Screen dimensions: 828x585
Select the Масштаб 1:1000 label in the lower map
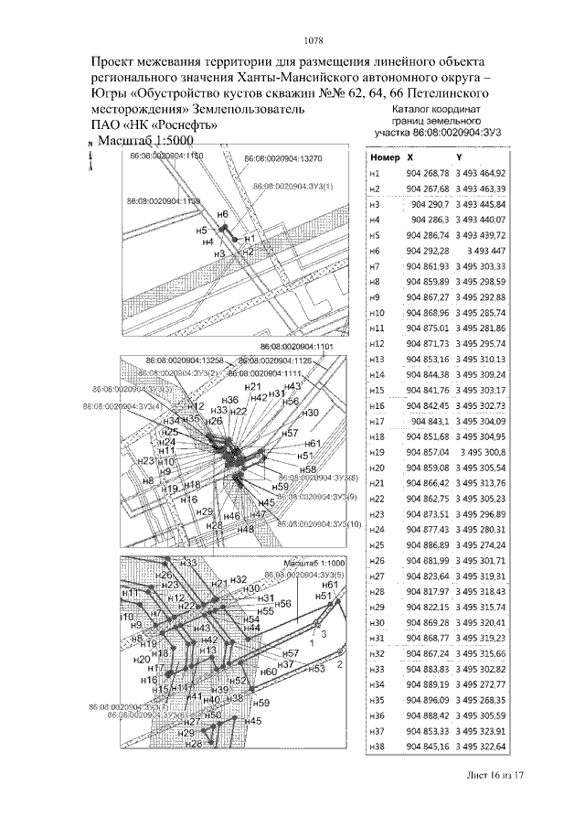[312, 562]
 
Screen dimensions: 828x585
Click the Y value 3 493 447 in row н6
[485, 250]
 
